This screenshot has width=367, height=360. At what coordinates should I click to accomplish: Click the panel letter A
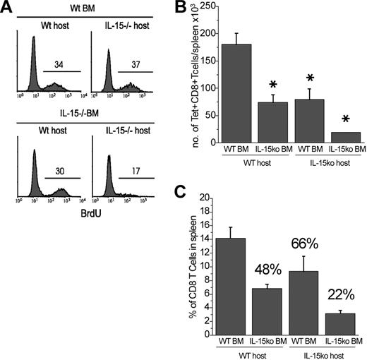(8, 9)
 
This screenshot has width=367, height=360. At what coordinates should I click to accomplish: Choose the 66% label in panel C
(307, 246)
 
